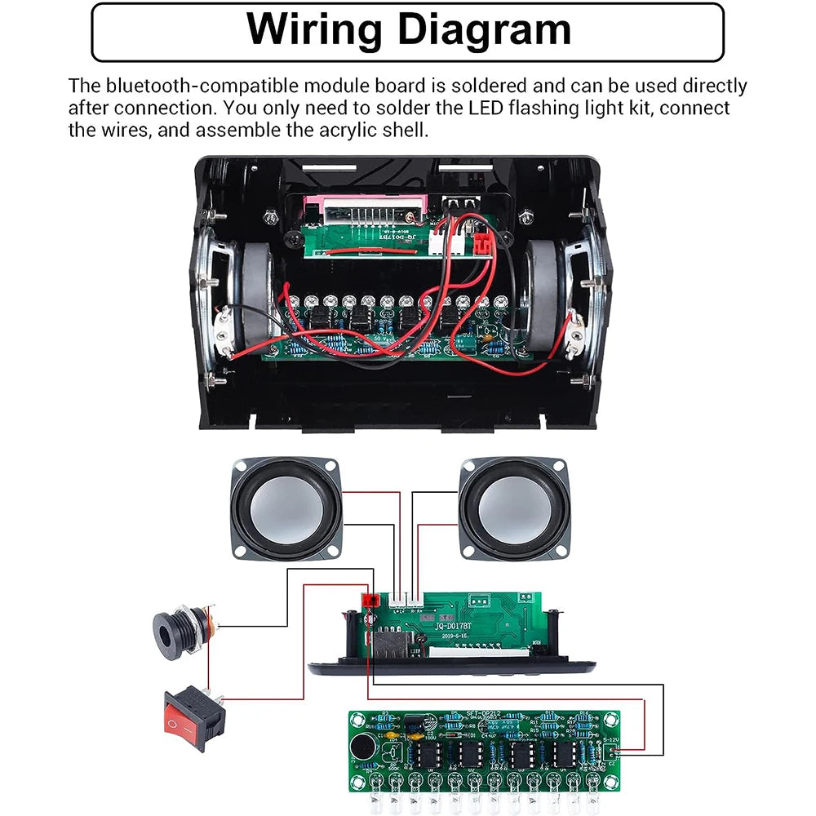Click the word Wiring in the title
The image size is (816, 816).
point(314,31)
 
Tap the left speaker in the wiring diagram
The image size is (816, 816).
point(286,508)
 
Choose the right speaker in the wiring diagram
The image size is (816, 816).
point(514,508)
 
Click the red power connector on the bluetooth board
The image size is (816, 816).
point(370,602)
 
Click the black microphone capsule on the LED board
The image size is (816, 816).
point(359,745)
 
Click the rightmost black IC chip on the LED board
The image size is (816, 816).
point(562,755)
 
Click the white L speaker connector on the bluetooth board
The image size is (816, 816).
point(400,600)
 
